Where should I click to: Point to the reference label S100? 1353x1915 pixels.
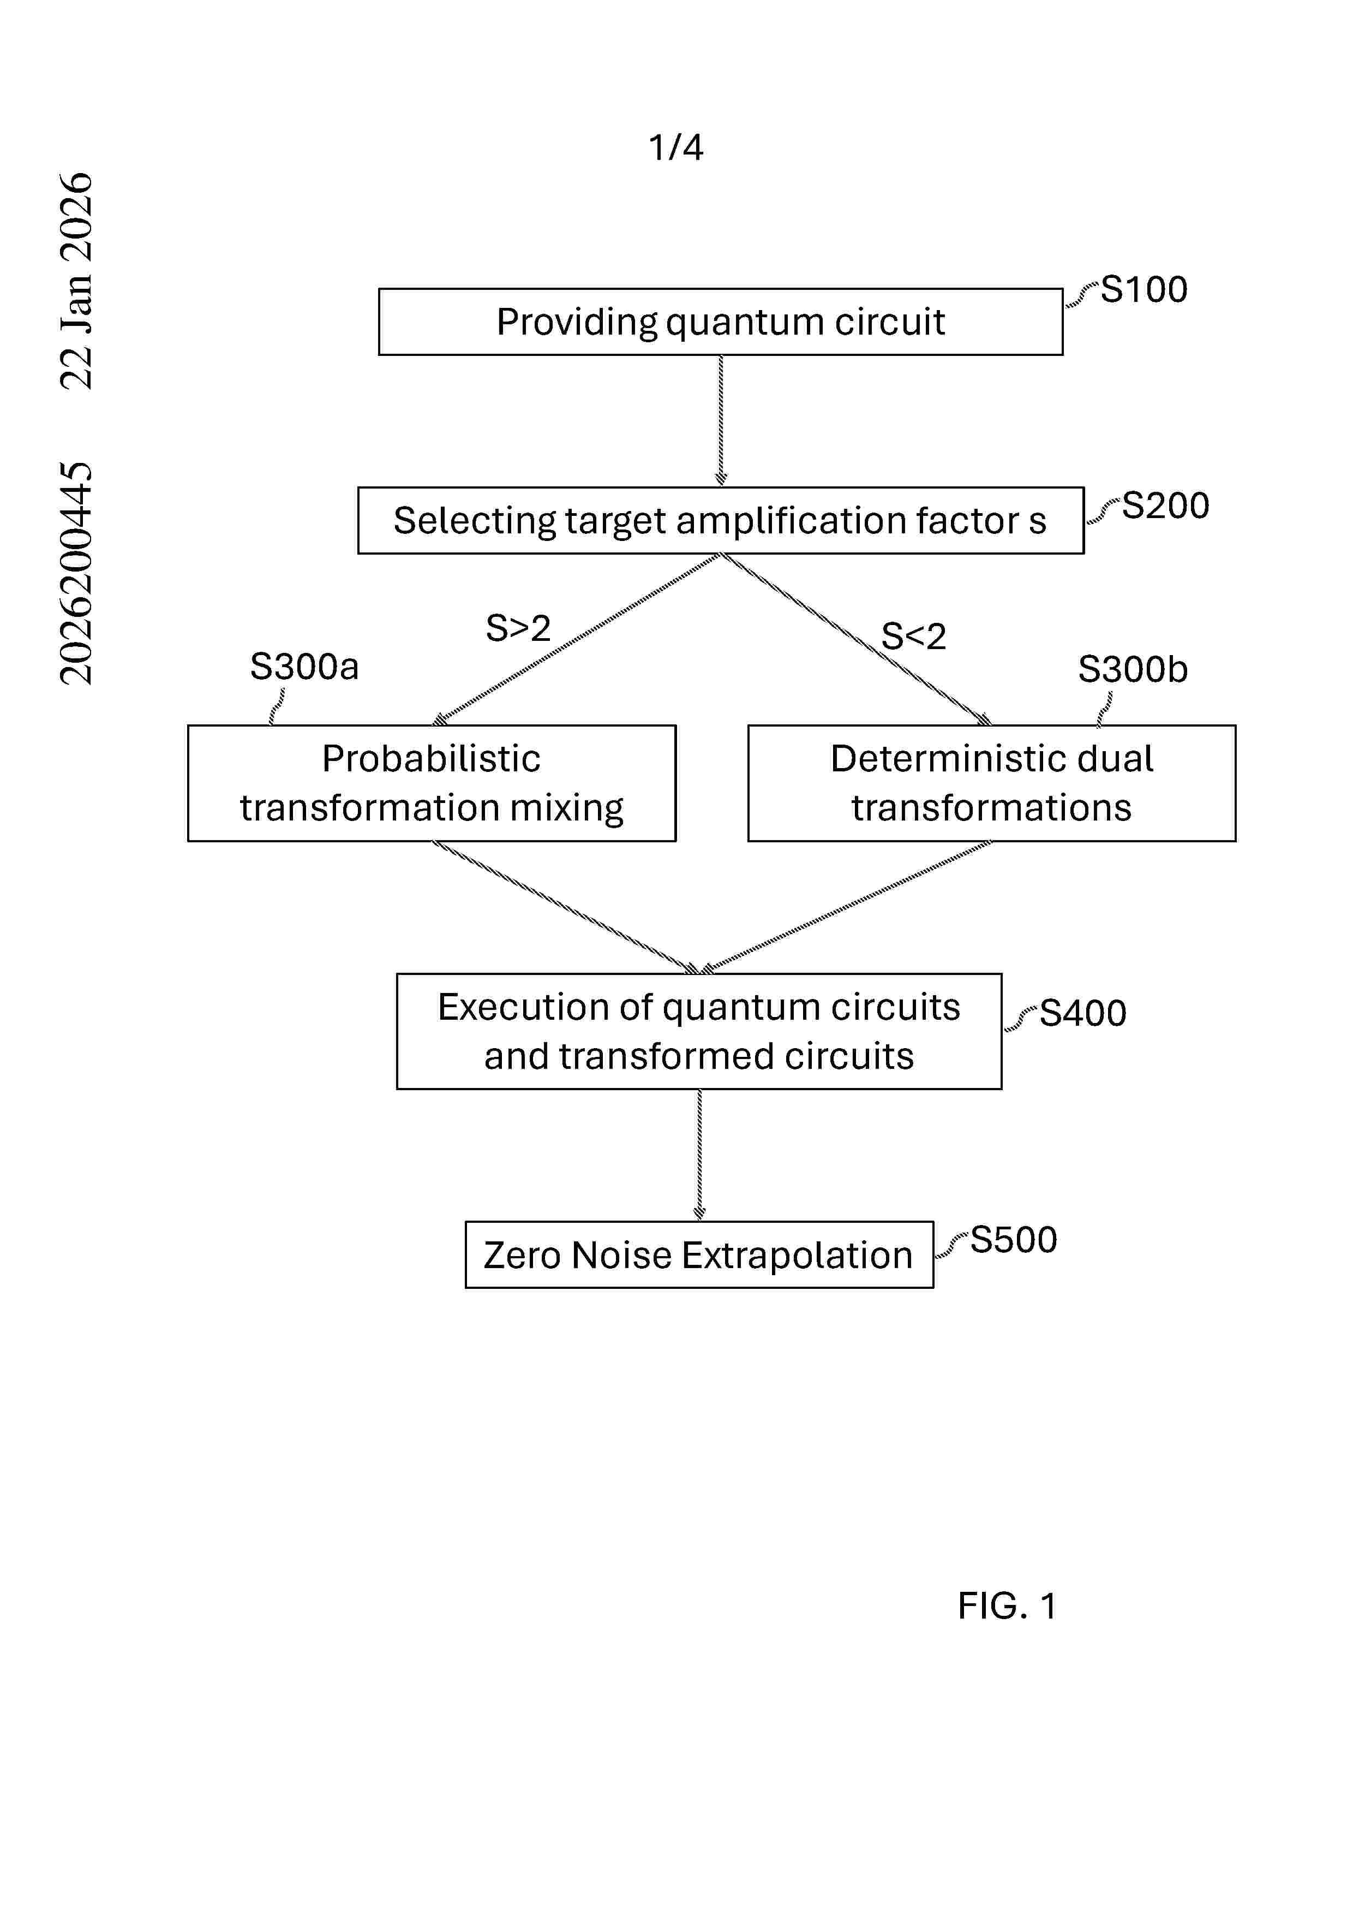1144,289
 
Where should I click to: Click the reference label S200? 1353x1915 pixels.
1165,505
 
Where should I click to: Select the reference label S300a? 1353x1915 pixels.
304,667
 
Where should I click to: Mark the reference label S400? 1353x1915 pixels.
1083,1013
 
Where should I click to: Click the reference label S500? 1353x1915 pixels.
1014,1239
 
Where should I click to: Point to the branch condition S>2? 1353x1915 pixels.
518,628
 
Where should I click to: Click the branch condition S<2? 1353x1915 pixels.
914,637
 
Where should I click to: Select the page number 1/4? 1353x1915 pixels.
676,147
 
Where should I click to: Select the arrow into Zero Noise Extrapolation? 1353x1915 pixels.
699,1155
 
